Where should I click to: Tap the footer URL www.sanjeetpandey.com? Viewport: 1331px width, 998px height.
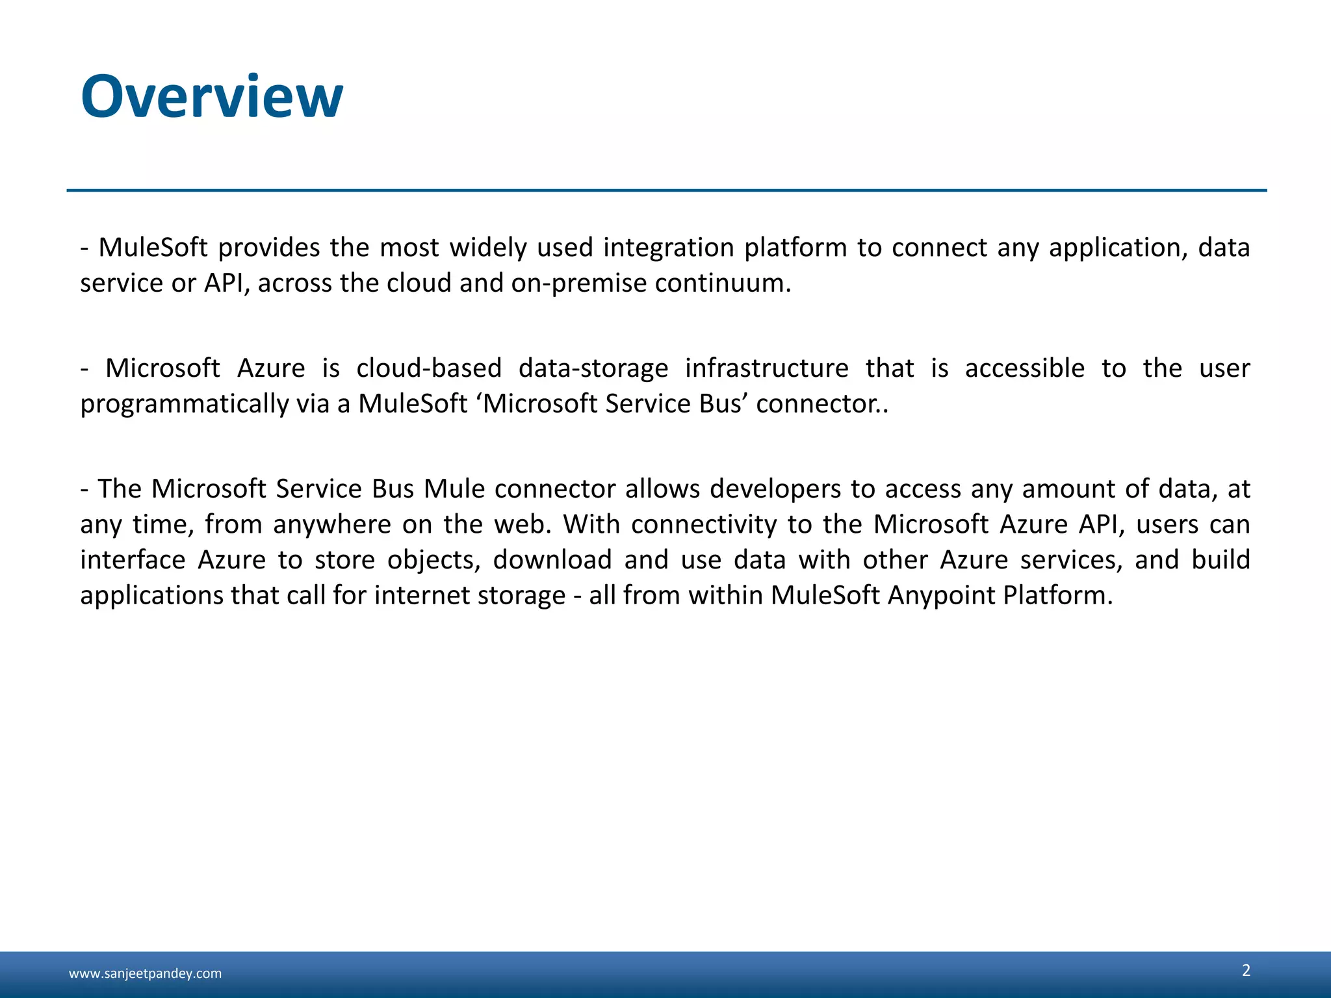tap(145, 973)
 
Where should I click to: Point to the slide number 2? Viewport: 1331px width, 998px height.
tap(1246, 970)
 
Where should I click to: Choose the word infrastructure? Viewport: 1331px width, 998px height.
tap(766, 368)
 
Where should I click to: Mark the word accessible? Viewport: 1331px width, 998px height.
tap(1024, 368)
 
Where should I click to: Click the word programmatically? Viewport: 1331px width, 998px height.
tap(184, 405)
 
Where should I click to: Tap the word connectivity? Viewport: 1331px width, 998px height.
tap(703, 524)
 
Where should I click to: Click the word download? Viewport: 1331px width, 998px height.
tap(552, 559)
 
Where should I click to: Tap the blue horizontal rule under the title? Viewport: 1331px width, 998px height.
tap(666, 190)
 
